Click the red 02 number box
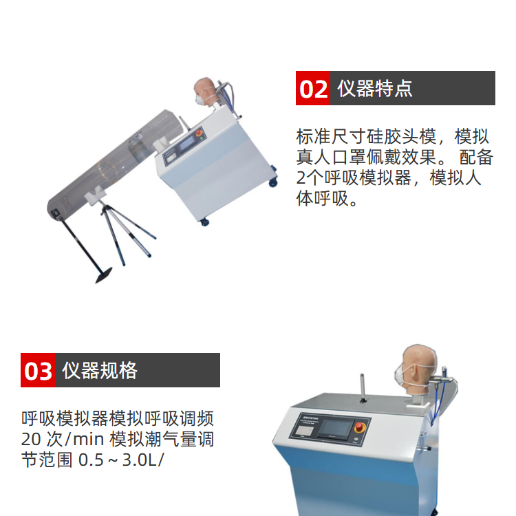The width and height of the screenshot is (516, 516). [312, 88]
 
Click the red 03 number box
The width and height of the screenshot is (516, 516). [38, 370]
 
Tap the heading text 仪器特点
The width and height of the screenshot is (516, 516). [375, 88]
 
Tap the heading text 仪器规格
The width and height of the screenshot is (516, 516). [100, 370]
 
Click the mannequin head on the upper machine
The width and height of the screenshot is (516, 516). [206, 91]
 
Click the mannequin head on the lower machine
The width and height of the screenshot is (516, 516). [417, 369]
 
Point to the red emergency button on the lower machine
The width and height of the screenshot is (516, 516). [360, 427]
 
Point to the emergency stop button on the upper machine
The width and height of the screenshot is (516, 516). [200, 133]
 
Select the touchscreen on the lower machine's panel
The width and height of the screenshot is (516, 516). [335, 428]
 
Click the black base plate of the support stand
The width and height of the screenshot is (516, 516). [103, 275]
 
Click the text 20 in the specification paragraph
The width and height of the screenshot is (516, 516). [31, 439]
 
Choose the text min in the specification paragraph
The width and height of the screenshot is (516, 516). [88, 439]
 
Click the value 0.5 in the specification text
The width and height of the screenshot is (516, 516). [91, 460]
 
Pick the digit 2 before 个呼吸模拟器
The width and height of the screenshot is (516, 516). [301, 178]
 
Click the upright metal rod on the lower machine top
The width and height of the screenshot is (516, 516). [363, 387]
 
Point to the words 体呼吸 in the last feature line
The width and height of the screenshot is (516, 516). [322, 198]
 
